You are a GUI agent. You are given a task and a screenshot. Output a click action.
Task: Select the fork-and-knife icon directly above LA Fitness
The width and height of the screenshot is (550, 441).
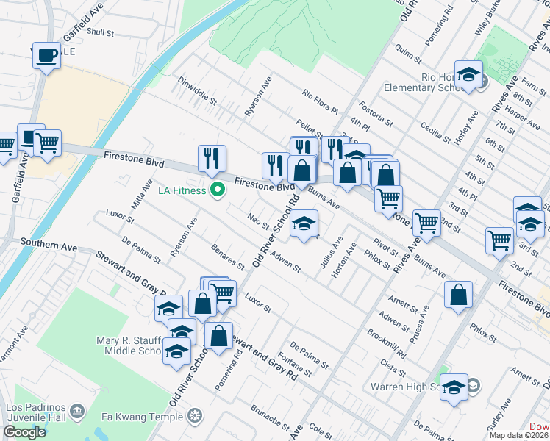[212, 159]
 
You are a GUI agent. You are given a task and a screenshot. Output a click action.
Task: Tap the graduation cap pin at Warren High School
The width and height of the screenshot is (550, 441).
[454, 387]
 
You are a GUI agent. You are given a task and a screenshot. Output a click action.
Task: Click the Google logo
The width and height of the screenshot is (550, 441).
[24, 432]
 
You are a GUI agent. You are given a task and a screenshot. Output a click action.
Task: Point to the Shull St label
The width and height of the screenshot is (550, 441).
[100, 32]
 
